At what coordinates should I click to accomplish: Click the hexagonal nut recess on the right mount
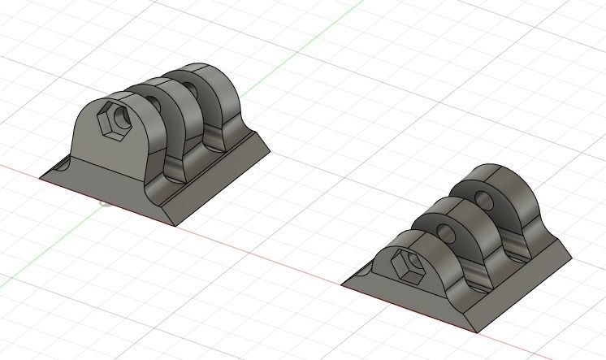(405, 264)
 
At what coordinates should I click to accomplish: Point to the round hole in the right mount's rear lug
(483, 199)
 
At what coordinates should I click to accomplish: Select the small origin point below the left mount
(105, 202)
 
